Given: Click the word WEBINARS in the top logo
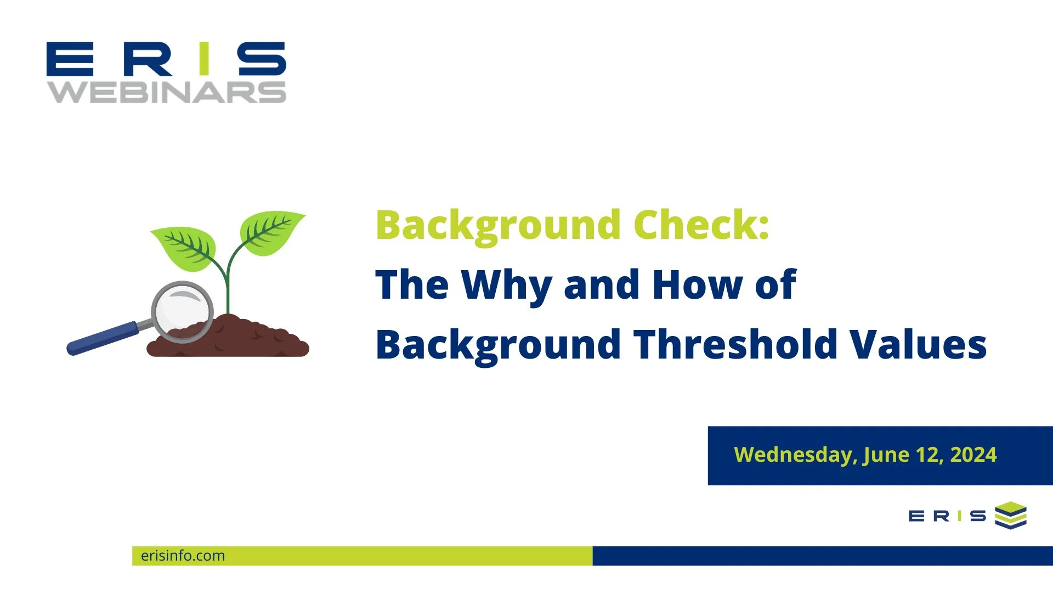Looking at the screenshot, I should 167,92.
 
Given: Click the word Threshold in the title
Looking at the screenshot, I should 735,345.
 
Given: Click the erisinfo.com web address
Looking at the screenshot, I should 183,556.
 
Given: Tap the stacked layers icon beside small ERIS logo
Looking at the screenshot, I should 1010,515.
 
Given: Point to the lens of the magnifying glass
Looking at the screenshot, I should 182,311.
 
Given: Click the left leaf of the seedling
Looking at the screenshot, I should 184,248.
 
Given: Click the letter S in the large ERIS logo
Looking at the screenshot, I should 262,58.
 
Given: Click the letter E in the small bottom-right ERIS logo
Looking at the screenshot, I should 916,516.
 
